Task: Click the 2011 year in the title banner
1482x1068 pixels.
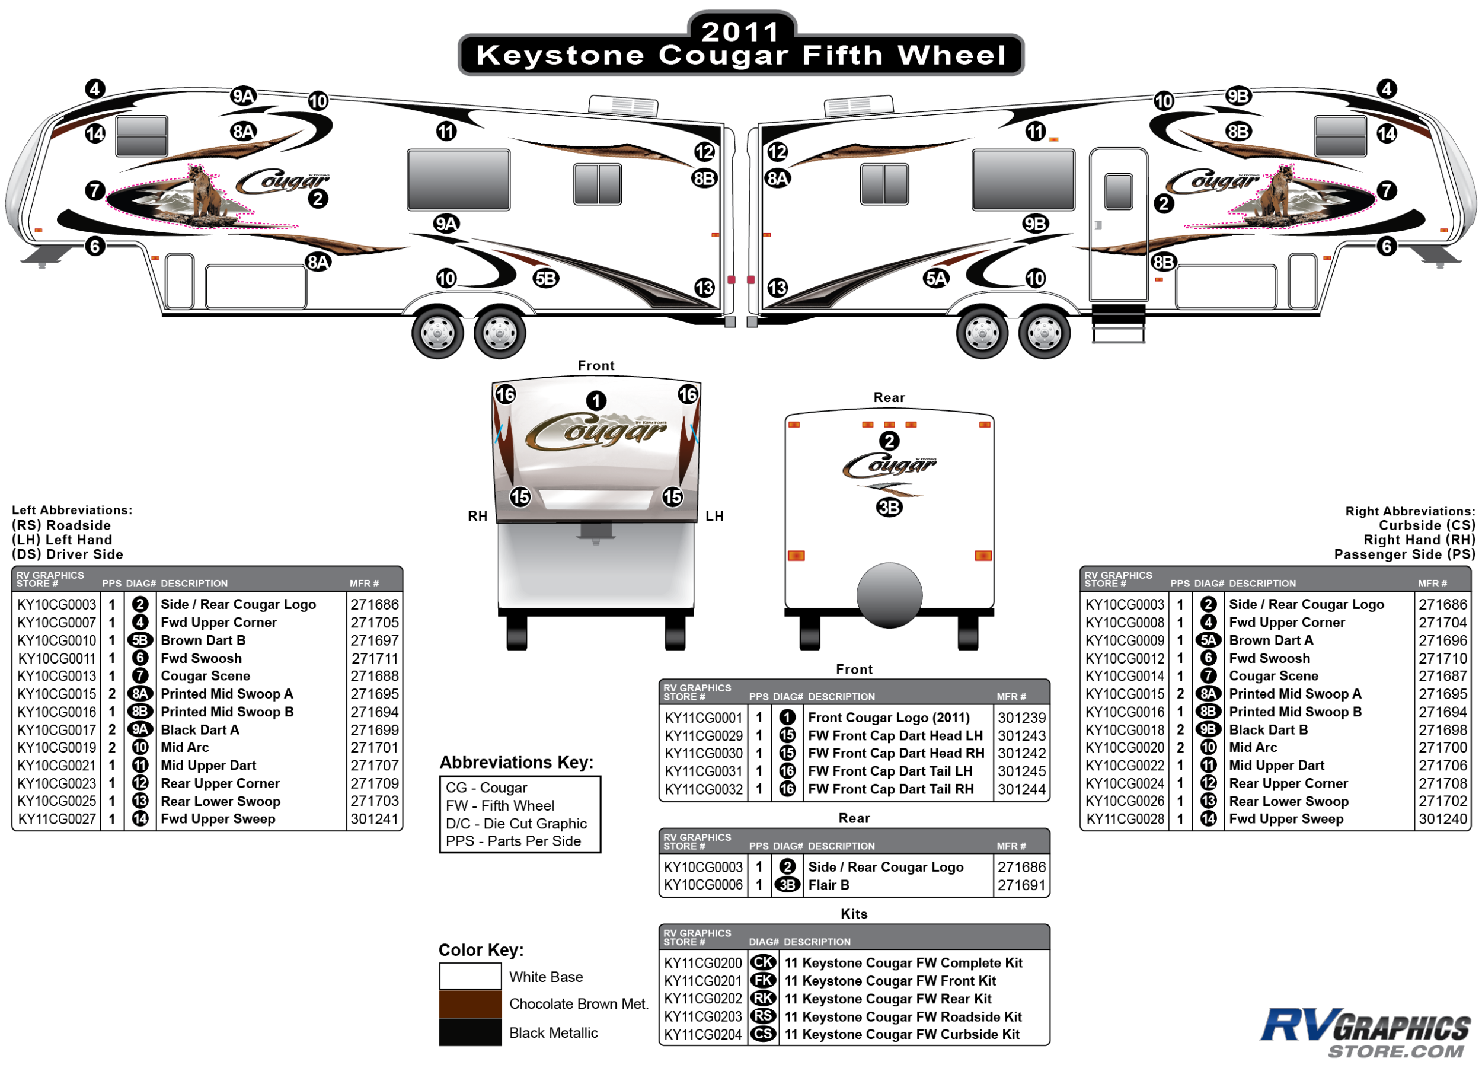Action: pyautogui.click(x=740, y=31)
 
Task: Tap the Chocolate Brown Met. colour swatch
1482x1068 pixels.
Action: pyautogui.click(x=470, y=1004)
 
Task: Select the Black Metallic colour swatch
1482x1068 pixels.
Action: pyautogui.click(x=470, y=1032)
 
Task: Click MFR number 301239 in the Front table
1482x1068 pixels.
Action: pyautogui.click(x=1021, y=718)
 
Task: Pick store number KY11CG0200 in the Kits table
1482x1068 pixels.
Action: pyautogui.click(x=702, y=963)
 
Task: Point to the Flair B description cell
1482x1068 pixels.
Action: pyautogui.click(x=829, y=885)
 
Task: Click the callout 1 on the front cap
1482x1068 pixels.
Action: pyautogui.click(x=595, y=401)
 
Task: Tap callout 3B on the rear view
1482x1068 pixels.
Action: pyautogui.click(x=889, y=507)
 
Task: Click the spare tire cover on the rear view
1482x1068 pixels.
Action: pyautogui.click(x=889, y=595)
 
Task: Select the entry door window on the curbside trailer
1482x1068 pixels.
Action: pyautogui.click(x=1119, y=191)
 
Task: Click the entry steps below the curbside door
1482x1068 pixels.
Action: pyautogui.click(x=1119, y=323)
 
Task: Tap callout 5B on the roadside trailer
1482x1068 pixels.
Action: pyautogui.click(x=545, y=279)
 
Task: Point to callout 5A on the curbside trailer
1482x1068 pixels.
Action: pyautogui.click(x=935, y=279)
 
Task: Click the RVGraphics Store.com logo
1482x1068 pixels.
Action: pyautogui.click(x=1366, y=1032)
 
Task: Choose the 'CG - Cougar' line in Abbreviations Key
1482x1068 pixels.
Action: pyautogui.click(x=486, y=788)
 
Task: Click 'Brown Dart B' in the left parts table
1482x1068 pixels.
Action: pyautogui.click(x=203, y=640)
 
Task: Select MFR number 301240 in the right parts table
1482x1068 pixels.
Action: pyautogui.click(x=1442, y=819)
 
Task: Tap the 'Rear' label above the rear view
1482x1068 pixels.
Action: pyautogui.click(x=889, y=397)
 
